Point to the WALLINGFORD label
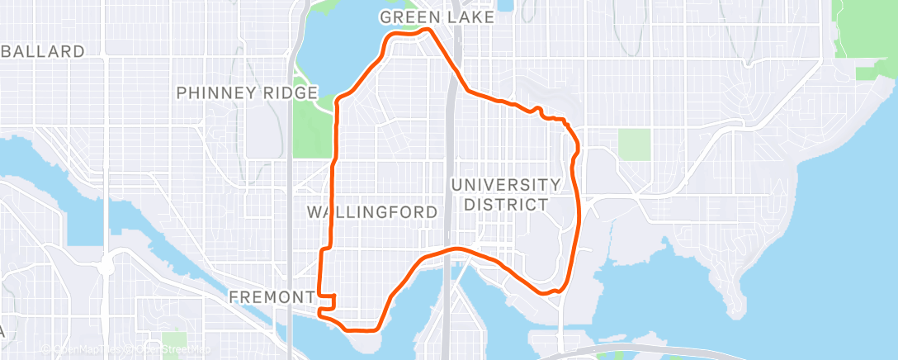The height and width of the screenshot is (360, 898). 371,212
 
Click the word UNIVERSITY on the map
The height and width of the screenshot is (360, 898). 506,184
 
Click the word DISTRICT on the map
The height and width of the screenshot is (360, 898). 506,204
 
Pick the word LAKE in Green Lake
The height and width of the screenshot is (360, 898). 473,17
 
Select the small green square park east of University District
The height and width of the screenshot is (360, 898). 634,144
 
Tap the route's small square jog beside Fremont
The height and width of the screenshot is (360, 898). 330,301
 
